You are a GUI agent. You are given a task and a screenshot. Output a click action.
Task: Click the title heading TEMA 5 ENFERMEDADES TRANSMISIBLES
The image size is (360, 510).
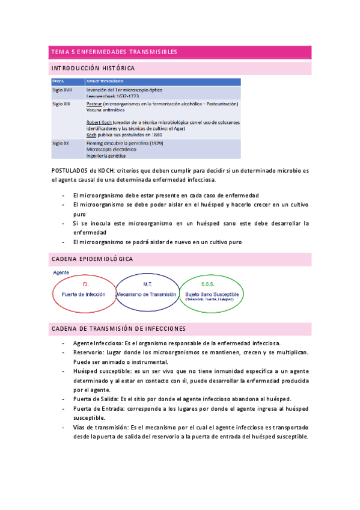coord(114,52)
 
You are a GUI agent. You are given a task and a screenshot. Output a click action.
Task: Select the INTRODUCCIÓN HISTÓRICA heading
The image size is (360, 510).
coord(93,68)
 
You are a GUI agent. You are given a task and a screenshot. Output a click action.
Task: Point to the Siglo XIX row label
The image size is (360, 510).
coord(61,103)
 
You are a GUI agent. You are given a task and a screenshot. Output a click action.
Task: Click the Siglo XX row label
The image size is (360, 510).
coord(61,143)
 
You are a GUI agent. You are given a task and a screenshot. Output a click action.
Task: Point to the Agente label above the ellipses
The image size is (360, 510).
coord(61,272)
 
